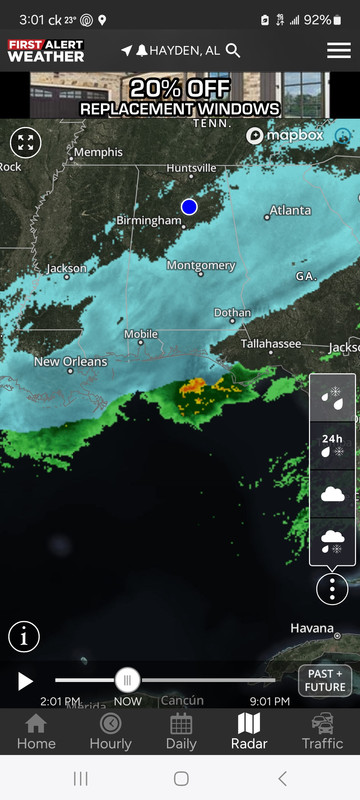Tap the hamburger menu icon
coord(338,50)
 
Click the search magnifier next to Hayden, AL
coord(233,50)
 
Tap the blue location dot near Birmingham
coord(189,207)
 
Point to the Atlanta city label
coord(290,211)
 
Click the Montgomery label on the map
coord(201,266)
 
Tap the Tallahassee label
coord(270,343)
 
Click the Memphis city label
coord(98,152)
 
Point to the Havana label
coord(311,628)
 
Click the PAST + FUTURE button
coord(325,680)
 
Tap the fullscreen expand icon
coord(25,142)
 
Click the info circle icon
coord(24,636)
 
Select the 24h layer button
coord(332,445)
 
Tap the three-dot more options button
coord(332,588)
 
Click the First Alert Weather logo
coord(46,50)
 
